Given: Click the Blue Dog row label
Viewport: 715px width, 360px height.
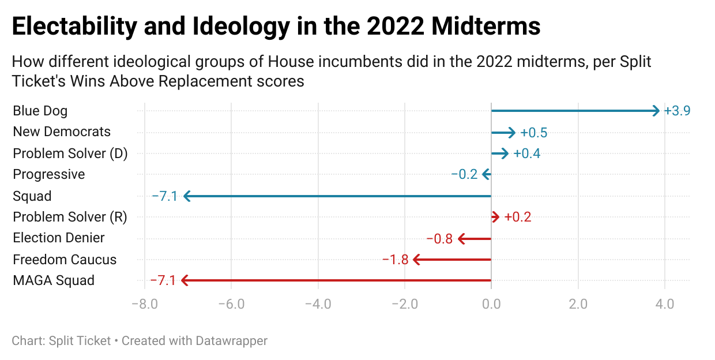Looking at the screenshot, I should (40, 110).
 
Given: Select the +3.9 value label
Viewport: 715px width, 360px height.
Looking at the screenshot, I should (677, 111).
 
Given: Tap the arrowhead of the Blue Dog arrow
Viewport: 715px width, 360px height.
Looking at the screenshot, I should (656, 111).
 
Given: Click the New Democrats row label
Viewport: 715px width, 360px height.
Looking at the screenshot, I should (62, 132).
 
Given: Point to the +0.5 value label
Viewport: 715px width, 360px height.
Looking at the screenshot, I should (533, 133).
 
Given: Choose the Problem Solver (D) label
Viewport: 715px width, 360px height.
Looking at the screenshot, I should (70, 153).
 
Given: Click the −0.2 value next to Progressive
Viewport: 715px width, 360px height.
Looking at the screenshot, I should (464, 174).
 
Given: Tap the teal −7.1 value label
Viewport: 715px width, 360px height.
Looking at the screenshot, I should (164, 196).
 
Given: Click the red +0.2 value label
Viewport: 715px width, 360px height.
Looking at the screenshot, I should (517, 217).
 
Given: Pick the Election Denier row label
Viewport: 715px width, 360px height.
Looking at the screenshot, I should (59, 238).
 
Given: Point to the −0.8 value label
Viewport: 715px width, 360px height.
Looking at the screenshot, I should (439, 239).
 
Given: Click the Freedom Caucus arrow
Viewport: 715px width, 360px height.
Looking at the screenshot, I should (453, 260).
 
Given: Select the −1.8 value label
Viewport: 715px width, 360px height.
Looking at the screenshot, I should (396, 260).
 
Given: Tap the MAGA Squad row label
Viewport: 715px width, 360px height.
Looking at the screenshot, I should (54, 281).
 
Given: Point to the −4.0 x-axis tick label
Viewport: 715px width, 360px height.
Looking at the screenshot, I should (318, 304).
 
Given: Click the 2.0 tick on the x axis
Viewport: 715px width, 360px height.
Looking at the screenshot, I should (578, 304).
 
